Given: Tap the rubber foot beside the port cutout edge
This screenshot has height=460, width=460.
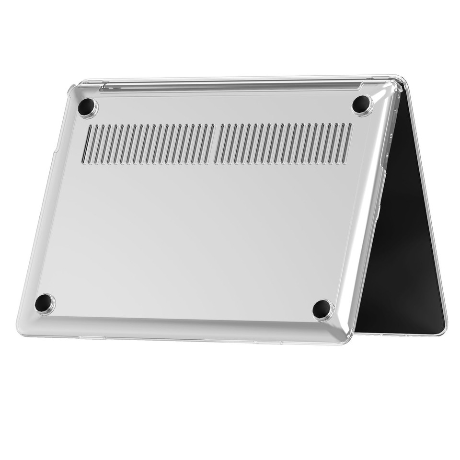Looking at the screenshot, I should click(x=361, y=104).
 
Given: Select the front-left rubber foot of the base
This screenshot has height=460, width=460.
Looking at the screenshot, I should click(x=44, y=303).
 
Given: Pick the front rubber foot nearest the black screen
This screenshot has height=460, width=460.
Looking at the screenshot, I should click(x=322, y=309).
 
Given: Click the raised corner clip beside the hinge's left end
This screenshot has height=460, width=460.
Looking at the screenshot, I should click(x=72, y=90).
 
